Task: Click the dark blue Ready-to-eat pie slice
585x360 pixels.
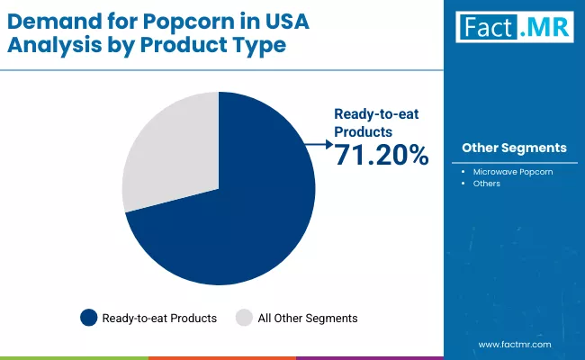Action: pos(243,216)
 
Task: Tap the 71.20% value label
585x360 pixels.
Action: pos(382,156)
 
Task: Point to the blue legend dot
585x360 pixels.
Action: pos(88,318)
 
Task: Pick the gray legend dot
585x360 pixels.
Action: pos(243,318)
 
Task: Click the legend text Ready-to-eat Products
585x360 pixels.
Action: pos(159,318)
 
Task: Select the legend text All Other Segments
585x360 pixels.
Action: pos(309,318)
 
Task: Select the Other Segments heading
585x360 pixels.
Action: pos(514,148)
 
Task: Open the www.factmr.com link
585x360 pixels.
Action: pos(514,345)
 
